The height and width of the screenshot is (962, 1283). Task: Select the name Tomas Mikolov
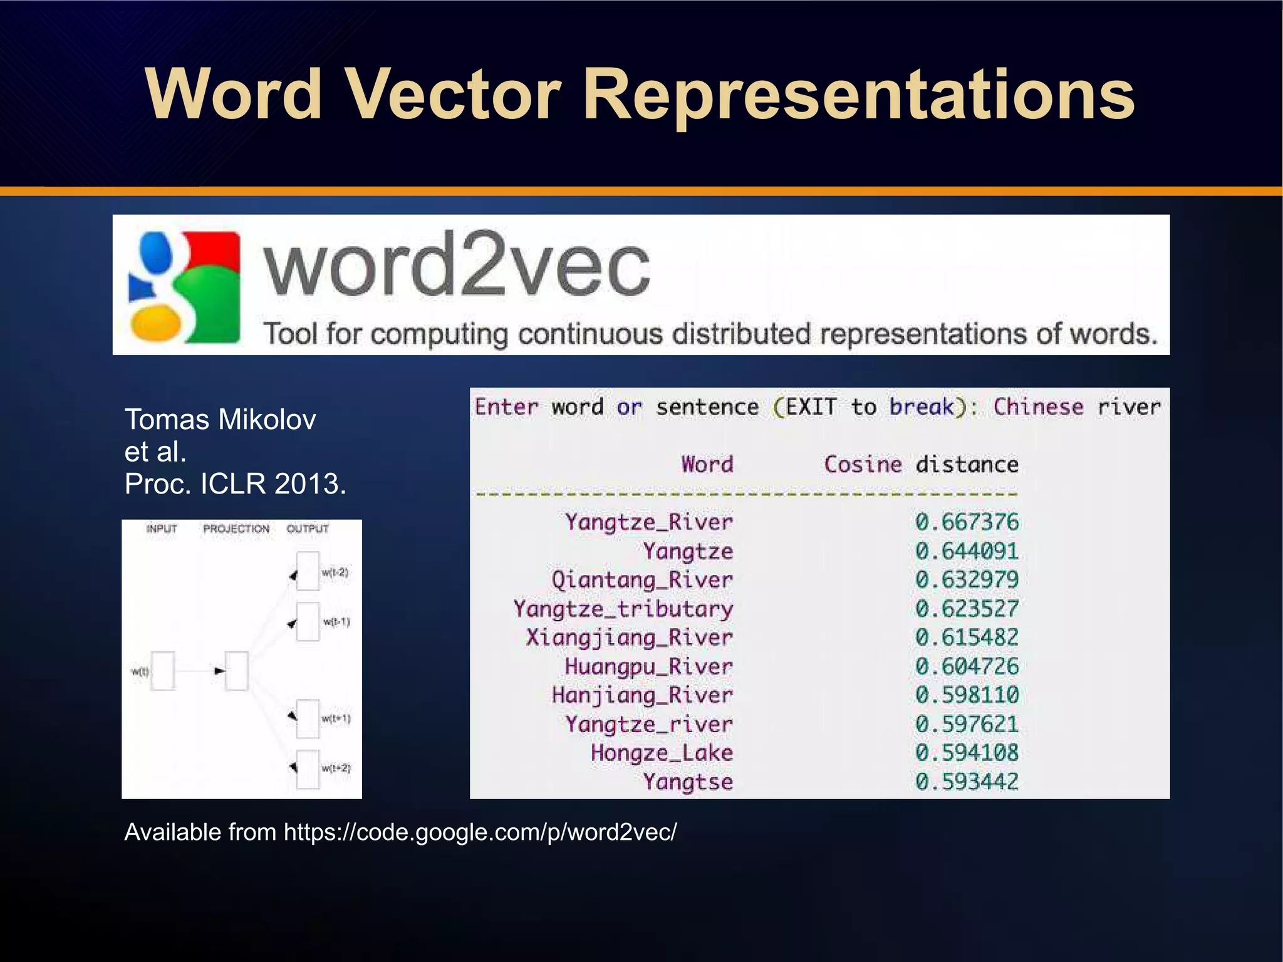(x=220, y=419)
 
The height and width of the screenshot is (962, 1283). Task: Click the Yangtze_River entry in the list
(x=648, y=522)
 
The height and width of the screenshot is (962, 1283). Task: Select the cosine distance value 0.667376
(x=967, y=522)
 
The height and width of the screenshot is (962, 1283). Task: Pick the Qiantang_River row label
(x=641, y=579)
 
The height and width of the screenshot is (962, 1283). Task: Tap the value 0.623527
(x=967, y=608)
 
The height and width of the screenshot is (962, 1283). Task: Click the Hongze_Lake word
(x=662, y=752)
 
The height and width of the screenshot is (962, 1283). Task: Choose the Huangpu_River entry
(x=648, y=666)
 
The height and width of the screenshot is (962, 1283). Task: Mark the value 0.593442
(x=967, y=781)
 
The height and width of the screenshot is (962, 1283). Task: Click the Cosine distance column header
(x=921, y=464)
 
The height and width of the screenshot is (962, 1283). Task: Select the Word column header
(x=707, y=464)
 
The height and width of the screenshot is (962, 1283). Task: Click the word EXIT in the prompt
(x=811, y=407)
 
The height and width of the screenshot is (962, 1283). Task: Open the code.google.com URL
(x=480, y=832)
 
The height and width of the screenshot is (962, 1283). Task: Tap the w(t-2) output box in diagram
(x=308, y=571)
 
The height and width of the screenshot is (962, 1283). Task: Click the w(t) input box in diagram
(x=164, y=671)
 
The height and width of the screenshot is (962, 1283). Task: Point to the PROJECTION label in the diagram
(x=236, y=529)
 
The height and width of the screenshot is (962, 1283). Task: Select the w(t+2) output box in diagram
(x=308, y=768)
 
